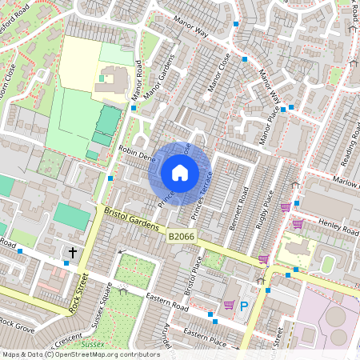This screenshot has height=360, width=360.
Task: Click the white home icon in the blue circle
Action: coord(180,173)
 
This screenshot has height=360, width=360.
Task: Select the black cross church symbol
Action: coord(72,253)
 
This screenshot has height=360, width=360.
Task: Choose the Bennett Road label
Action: coord(238,209)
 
